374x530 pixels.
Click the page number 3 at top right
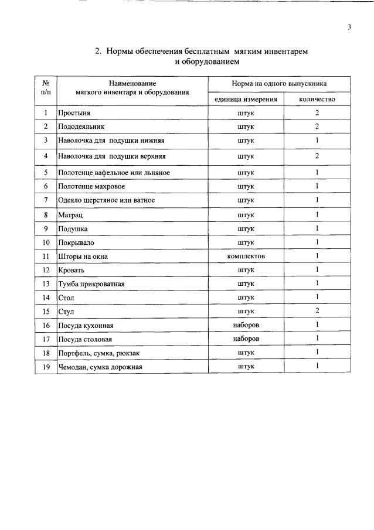point(349,26)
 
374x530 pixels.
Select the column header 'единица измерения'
point(246,99)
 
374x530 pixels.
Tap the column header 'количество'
point(317,99)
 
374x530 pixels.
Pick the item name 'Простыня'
point(74,112)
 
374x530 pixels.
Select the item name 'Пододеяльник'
point(81,126)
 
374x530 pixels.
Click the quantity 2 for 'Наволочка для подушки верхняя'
point(317,156)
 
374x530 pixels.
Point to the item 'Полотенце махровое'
point(91,186)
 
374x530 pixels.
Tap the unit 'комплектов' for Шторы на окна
point(246,256)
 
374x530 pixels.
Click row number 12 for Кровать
point(45,270)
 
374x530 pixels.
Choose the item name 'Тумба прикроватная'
point(91,284)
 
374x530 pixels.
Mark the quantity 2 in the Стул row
point(317,310)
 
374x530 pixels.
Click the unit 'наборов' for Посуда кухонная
point(246,324)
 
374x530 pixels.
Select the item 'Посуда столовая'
point(84,339)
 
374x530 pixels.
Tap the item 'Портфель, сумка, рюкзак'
point(98,353)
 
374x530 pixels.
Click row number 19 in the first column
point(45,367)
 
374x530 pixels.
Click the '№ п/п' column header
point(45,88)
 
